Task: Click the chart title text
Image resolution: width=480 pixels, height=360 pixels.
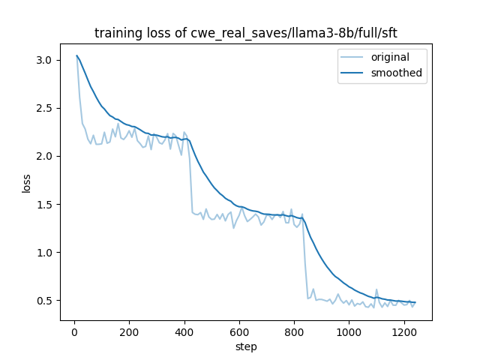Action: coord(245,33)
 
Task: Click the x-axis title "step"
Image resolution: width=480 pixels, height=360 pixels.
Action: coord(245,346)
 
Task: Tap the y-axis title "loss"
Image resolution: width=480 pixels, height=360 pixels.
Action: coord(26,183)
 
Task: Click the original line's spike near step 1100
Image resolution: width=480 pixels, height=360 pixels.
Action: coord(376,289)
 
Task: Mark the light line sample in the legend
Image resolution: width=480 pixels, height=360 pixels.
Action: coord(352,58)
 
